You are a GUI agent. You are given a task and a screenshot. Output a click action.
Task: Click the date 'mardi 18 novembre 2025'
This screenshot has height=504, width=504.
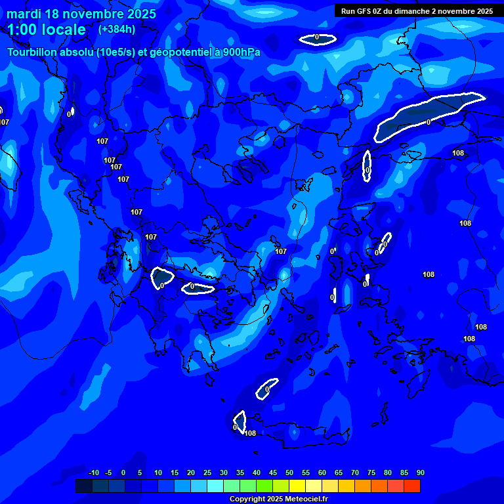click(81, 14)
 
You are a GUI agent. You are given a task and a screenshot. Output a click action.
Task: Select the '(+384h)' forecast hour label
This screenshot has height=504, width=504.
click(117, 29)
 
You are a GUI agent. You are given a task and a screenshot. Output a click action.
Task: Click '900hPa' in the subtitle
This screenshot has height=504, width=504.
click(242, 52)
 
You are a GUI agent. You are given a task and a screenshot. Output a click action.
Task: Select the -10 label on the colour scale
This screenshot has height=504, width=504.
click(94, 473)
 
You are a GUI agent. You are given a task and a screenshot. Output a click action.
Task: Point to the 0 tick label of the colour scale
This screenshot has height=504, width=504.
click(123, 473)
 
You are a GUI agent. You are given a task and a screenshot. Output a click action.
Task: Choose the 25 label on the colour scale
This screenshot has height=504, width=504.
click(207, 473)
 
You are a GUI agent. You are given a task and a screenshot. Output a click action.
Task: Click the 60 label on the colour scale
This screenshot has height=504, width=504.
click(322, 473)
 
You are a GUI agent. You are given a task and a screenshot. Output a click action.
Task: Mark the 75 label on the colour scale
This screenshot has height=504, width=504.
click(371, 473)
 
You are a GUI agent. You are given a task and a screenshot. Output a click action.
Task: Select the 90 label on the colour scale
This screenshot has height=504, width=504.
click(420, 473)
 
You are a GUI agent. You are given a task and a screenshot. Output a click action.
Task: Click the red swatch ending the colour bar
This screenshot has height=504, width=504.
click(412, 486)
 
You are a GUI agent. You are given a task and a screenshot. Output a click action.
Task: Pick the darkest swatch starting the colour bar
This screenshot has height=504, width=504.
click(84, 486)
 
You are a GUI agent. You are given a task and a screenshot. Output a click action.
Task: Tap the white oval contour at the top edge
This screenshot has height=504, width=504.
click(318, 39)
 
